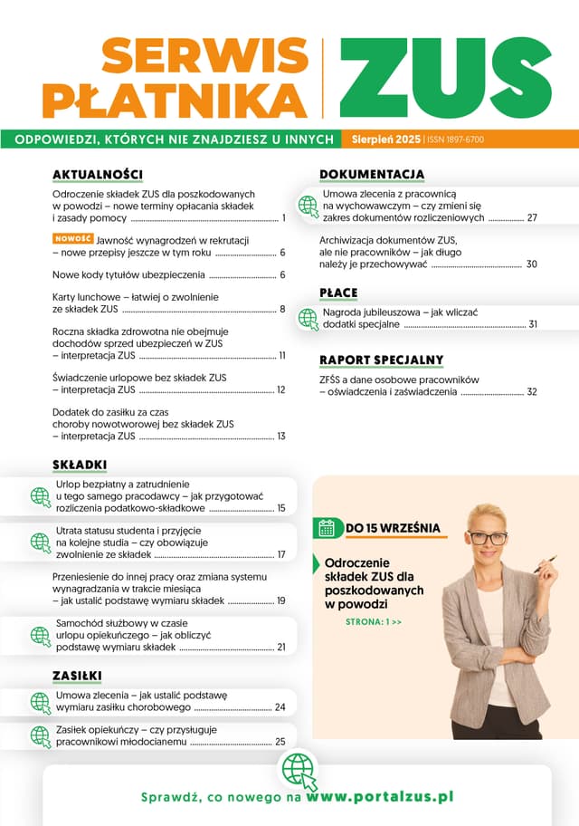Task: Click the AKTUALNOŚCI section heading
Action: [98, 174]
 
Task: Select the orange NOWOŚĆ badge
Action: [73, 238]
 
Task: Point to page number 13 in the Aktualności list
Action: [281, 437]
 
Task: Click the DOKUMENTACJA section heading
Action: [372, 174]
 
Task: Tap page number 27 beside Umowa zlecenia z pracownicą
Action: [532, 218]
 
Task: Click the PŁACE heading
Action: [338, 292]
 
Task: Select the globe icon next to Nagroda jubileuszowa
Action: [308, 318]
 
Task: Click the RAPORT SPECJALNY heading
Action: [381, 360]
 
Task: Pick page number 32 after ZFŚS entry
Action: [532, 392]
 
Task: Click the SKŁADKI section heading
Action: [80, 465]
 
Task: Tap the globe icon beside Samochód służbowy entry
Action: [41, 635]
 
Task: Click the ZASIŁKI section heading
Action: [77, 676]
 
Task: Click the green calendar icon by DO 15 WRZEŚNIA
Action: [327, 527]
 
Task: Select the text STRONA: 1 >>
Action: [373, 622]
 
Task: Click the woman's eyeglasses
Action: [488, 538]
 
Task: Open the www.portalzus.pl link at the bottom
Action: [379, 797]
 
